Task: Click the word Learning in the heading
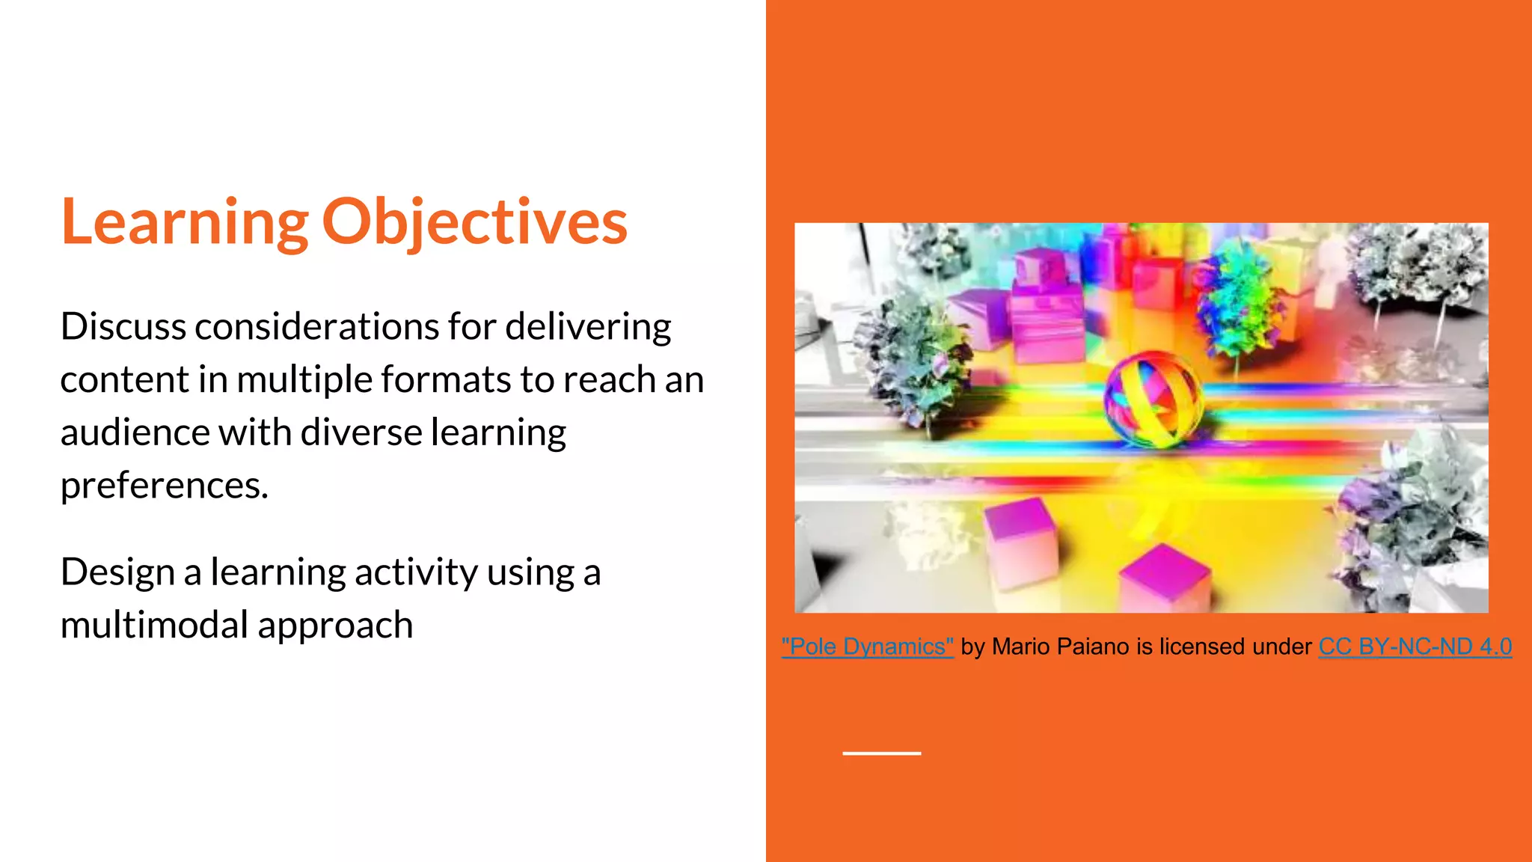[x=184, y=222]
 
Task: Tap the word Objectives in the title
[x=474, y=222]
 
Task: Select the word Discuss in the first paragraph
[x=123, y=327]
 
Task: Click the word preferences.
[x=163, y=486]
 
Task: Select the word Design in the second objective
[x=117, y=572]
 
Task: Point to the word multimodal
[x=154, y=626]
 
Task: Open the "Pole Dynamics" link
[x=867, y=646]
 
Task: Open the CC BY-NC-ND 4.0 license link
[x=1415, y=646]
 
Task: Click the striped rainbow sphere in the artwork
[x=1153, y=399]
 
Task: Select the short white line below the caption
[x=881, y=754]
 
